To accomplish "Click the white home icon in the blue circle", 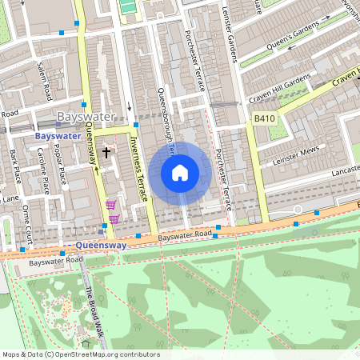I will point(180,172).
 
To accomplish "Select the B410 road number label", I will point(264,118).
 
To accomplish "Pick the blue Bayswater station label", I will point(58,136).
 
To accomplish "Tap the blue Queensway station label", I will point(100,246).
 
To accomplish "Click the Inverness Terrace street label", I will point(139,168).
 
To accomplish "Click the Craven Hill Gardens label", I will point(279,90).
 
